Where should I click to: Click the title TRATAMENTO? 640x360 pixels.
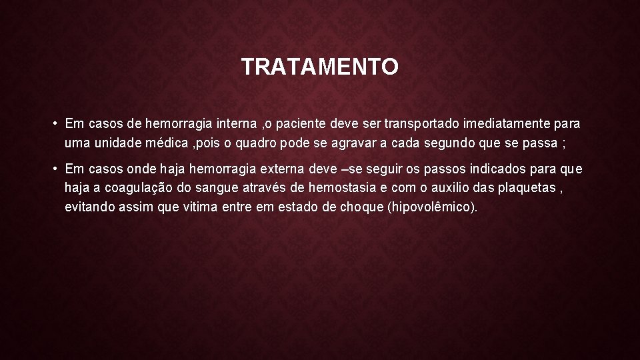point(320,67)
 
